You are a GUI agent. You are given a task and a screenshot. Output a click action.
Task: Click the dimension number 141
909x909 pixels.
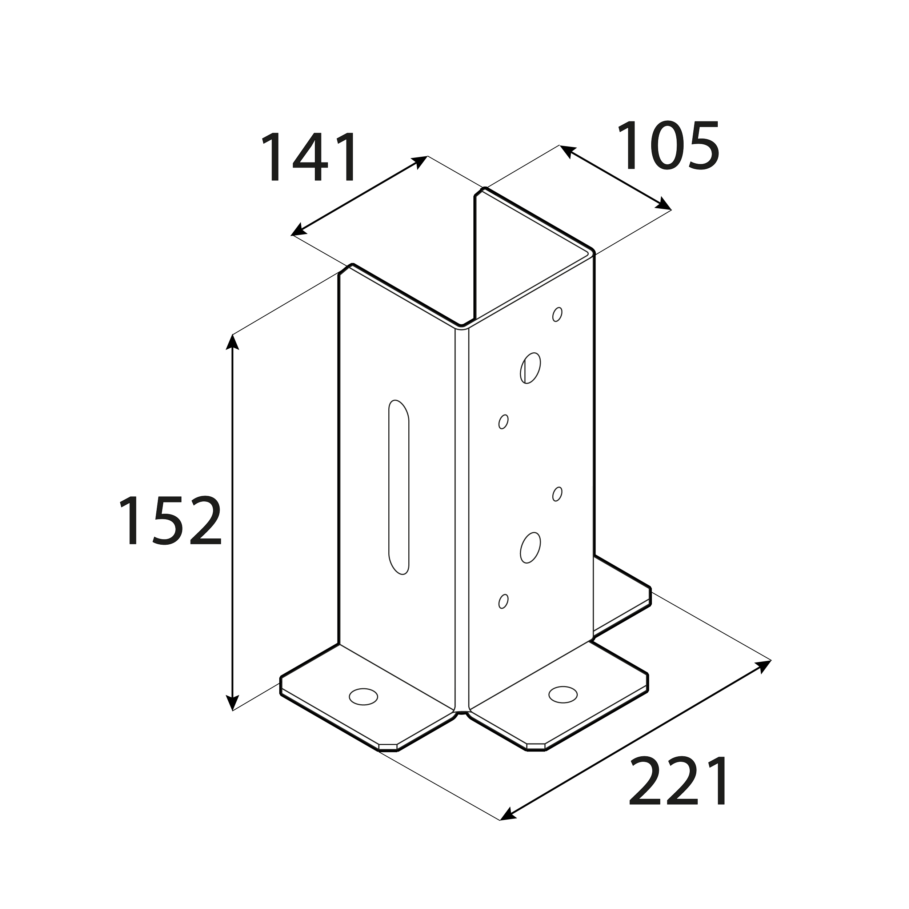click(x=309, y=157)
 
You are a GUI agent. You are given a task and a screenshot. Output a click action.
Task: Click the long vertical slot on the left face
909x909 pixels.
click(x=399, y=487)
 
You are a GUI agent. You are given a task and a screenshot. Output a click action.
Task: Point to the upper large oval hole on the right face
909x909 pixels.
click(x=530, y=368)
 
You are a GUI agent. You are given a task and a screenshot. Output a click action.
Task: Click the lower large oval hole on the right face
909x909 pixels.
click(x=530, y=548)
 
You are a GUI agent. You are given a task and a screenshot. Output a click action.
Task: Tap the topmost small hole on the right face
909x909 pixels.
click(x=557, y=314)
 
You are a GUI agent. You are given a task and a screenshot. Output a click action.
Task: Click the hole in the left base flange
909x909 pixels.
click(x=363, y=697)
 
